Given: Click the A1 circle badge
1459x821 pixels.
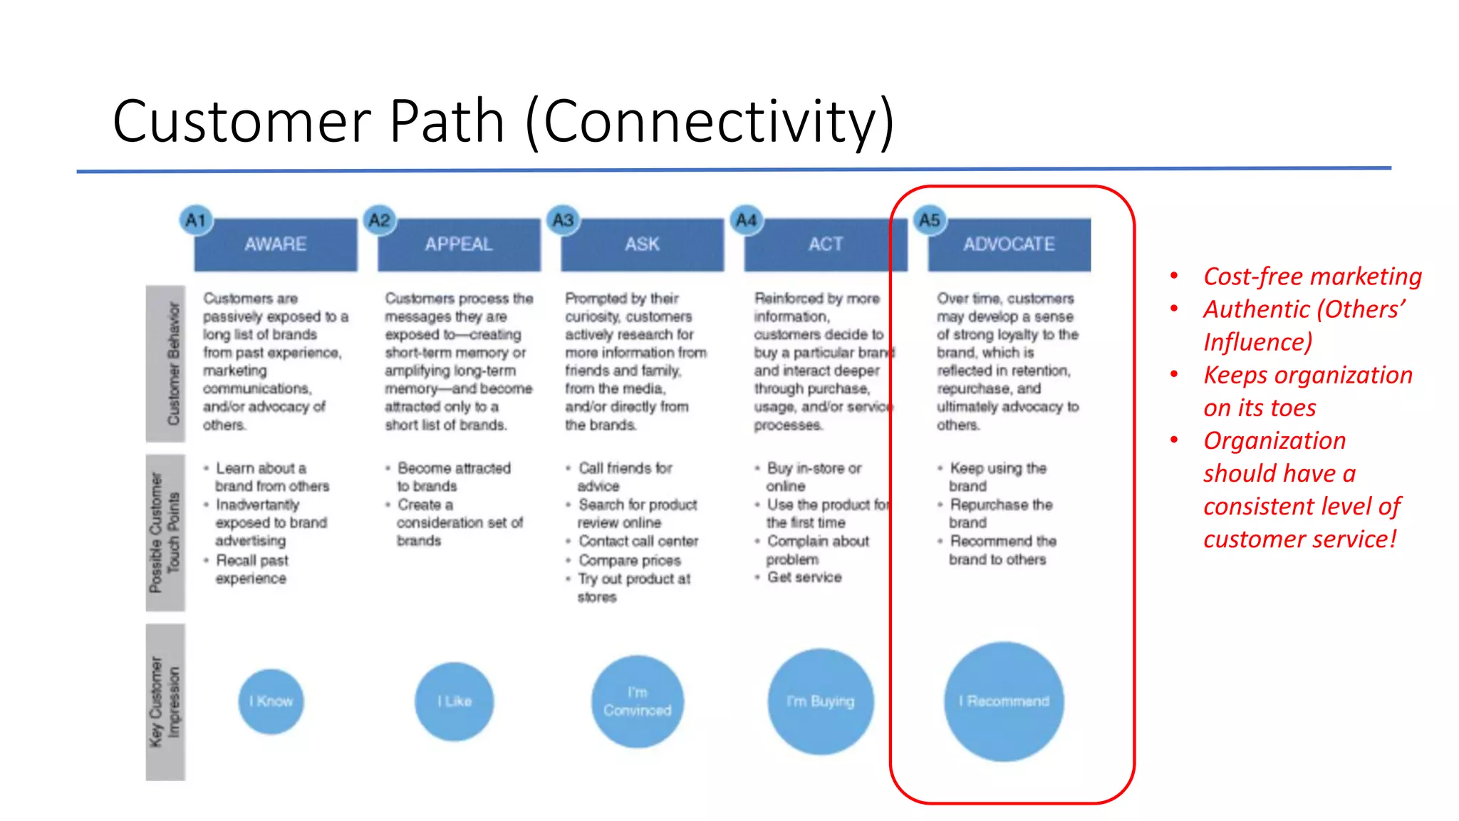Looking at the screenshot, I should point(196,220).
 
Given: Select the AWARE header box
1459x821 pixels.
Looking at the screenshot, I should point(276,244).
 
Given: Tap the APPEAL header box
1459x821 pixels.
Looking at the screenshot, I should point(459,244).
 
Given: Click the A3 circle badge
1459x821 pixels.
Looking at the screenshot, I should point(563,220).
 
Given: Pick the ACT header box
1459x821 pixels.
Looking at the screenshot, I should point(825,244).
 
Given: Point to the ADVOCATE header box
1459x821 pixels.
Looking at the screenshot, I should point(1009,244).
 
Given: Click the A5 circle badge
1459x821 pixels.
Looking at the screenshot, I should point(929,220).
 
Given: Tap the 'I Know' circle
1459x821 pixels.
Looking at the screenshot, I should point(271,701).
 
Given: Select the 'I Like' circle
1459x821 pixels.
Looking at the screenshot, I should point(455,701).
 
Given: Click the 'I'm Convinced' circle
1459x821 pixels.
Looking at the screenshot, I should point(638,701).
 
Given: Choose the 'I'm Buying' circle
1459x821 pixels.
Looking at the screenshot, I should point(821,701).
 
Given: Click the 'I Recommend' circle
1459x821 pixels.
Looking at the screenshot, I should point(1004,701).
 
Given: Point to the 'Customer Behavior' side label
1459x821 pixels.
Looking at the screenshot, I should point(166,363).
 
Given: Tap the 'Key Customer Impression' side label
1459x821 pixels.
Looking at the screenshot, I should point(166,702).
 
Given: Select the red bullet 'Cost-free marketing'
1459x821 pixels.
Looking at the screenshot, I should point(1312,277).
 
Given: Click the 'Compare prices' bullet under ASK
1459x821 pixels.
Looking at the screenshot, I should point(629,560).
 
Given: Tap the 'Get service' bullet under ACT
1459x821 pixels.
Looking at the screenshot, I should point(804,577).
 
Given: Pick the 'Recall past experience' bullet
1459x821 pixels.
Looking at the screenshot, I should point(251,569).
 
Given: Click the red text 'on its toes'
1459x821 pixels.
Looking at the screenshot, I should point(1260,408).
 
